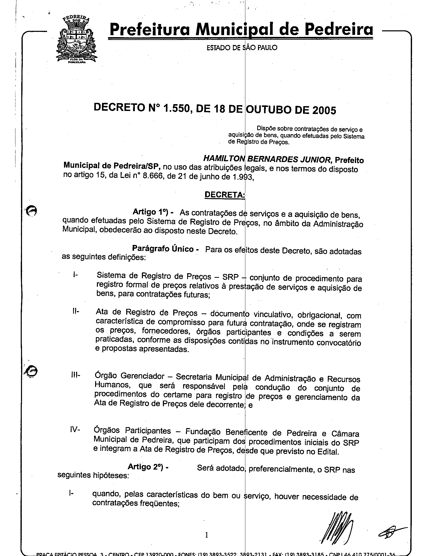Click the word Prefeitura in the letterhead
point(150,30)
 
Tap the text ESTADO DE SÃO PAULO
point(242,48)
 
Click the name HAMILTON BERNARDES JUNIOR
point(267,159)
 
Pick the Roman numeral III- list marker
point(75,375)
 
